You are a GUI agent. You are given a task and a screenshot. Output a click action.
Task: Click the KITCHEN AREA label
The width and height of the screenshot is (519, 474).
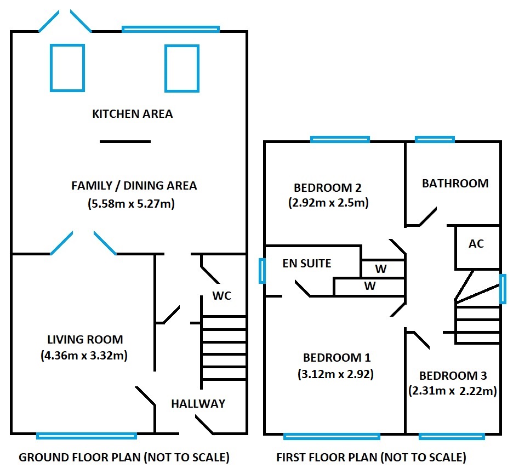(132, 114)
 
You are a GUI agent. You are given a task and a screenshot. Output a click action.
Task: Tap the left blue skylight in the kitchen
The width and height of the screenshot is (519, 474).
(67, 67)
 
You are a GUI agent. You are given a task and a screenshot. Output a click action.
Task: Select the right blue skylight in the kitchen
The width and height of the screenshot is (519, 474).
(181, 67)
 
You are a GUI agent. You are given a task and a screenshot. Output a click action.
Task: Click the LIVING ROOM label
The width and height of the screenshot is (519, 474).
(84, 339)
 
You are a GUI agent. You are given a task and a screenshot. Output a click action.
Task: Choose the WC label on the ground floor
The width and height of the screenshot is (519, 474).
(222, 296)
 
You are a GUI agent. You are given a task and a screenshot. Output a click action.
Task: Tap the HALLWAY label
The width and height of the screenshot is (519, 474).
(198, 404)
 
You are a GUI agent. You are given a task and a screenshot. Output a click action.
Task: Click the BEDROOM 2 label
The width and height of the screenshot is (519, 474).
(328, 187)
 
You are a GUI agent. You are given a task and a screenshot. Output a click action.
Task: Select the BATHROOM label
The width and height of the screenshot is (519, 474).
(455, 183)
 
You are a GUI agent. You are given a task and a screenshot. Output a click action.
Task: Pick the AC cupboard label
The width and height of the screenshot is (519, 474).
(476, 244)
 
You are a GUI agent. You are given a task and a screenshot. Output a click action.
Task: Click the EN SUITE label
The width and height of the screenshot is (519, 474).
(307, 264)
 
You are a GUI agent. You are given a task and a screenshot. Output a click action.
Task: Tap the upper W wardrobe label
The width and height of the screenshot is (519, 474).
(380, 269)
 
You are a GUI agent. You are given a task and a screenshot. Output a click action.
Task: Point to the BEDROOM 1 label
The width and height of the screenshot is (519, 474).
(337, 358)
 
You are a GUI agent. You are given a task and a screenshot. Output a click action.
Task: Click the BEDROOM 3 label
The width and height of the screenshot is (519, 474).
(453, 376)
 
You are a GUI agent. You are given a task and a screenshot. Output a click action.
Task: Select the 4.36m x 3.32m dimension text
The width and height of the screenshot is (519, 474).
(84, 355)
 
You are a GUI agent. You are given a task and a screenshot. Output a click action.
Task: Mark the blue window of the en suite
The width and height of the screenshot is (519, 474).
(263, 271)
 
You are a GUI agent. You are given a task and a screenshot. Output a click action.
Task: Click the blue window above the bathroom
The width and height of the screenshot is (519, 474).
(435, 139)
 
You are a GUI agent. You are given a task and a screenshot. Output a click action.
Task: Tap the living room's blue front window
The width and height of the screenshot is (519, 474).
(87, 436)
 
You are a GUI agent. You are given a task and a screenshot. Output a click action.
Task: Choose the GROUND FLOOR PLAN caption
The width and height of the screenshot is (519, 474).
(124, 457)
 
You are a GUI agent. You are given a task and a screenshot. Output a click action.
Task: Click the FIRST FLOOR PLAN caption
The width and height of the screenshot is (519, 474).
(371, 457)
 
